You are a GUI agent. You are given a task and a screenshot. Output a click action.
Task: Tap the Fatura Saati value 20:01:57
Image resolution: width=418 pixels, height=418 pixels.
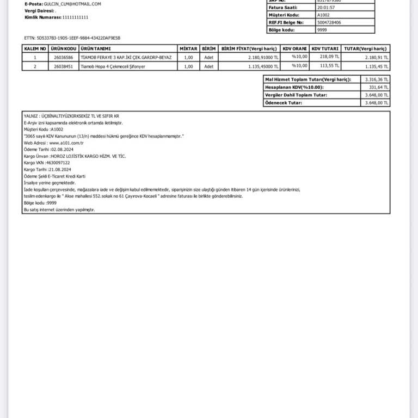point(326,8)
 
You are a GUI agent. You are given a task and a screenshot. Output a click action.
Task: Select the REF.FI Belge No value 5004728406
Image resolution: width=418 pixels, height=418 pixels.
point(329,22)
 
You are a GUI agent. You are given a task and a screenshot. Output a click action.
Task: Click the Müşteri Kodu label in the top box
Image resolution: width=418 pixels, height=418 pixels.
point(284,15)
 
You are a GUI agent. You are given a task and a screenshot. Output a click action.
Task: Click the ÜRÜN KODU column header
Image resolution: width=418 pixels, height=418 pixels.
point(64,48)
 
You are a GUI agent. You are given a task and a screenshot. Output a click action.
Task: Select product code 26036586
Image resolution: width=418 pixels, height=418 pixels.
point(64,57)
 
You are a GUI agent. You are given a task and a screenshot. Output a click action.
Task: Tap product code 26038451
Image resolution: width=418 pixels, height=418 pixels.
point(64,66)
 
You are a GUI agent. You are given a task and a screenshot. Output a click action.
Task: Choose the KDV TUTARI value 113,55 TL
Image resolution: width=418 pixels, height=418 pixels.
point(330,66)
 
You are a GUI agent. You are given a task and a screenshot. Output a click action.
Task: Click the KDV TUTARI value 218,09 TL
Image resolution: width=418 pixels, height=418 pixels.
point(330,57)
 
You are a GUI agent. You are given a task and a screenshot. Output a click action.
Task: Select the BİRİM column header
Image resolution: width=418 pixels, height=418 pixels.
point(208,48)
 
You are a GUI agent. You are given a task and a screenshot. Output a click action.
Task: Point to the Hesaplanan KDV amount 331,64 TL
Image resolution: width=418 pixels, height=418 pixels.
point(379,87)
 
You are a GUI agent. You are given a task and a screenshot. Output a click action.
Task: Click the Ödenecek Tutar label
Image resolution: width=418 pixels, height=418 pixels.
point(283,102)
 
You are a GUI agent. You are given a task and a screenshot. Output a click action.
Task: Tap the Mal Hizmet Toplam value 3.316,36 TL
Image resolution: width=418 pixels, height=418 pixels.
point(377,79)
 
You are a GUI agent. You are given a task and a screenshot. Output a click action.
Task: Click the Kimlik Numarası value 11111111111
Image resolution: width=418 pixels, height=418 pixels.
point(75,17)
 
